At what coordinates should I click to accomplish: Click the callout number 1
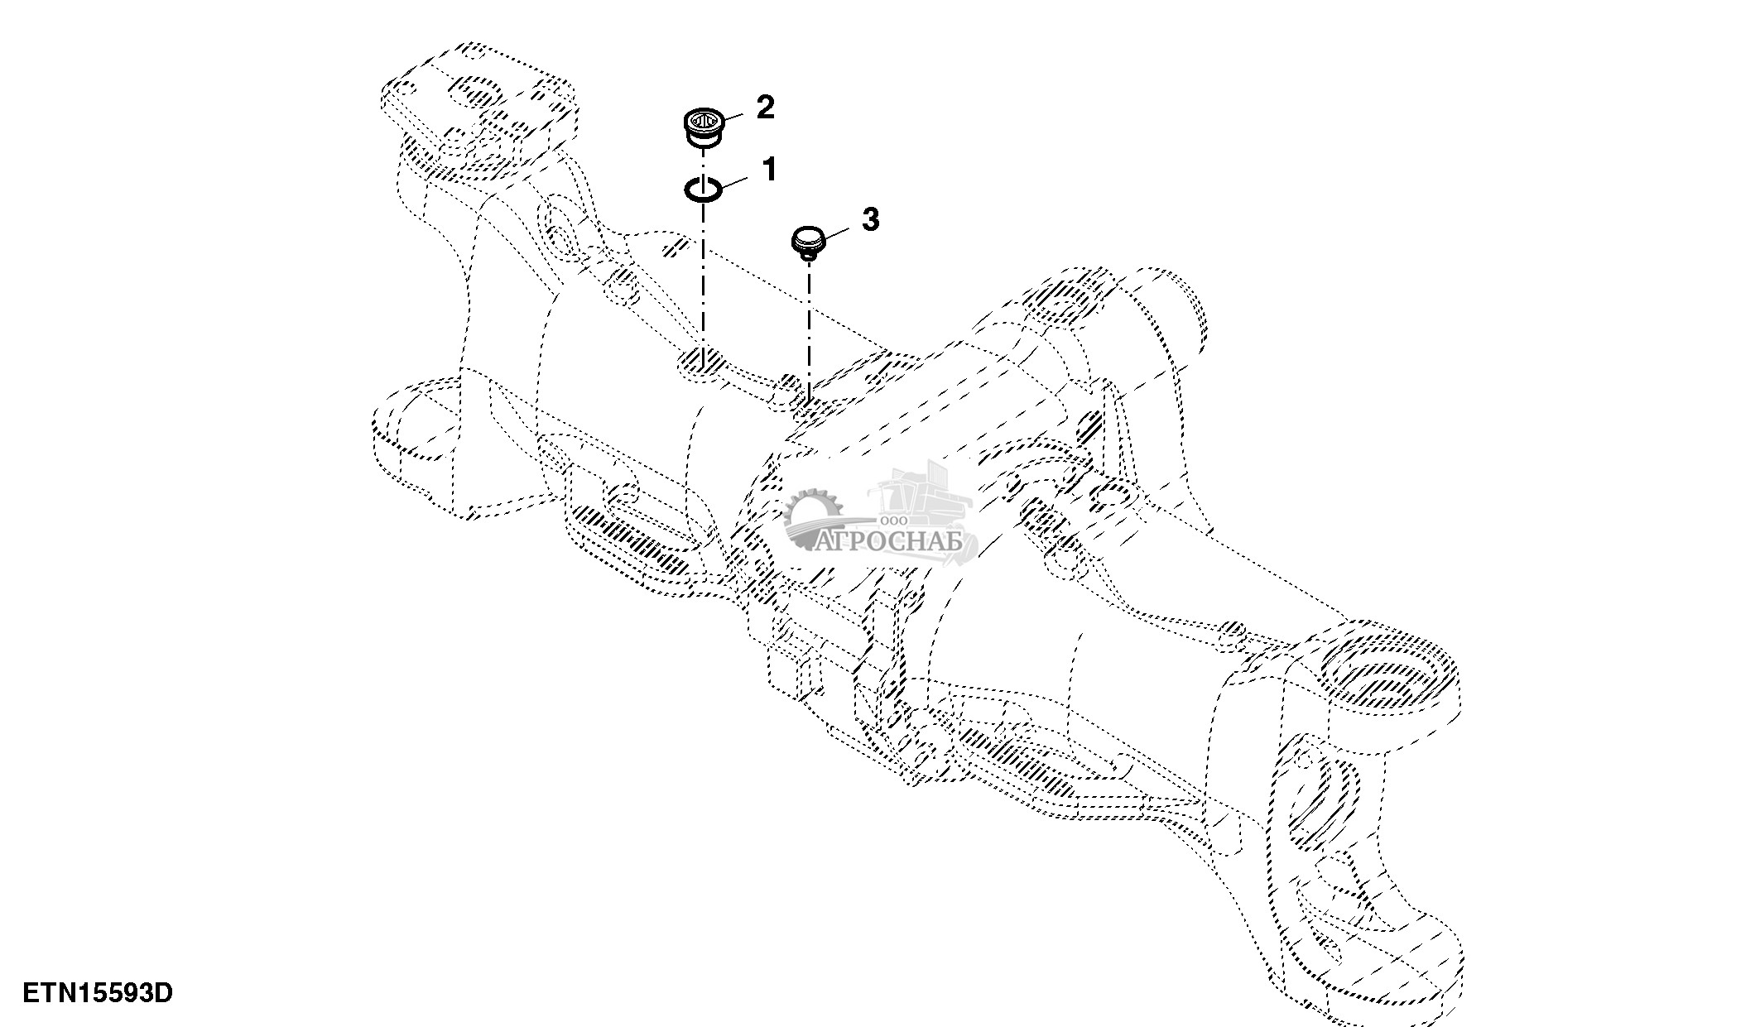click(769, 170)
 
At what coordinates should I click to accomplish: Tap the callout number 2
click(765, 107)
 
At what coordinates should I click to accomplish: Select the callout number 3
click(870, 219)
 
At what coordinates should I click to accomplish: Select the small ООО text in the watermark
click(894, 521)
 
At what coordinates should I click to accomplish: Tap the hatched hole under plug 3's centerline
click(808, 406)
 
